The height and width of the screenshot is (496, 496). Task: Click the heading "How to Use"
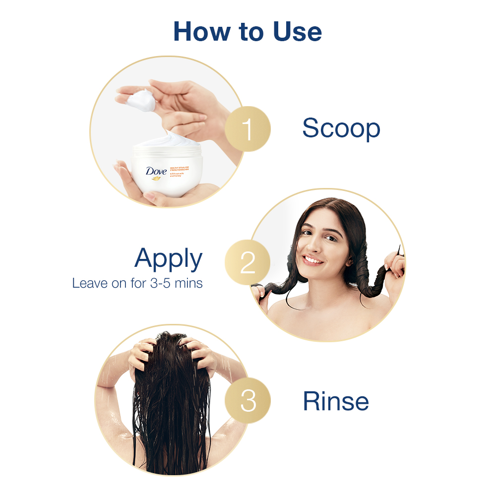tap(248, 31)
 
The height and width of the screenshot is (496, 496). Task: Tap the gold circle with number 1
tap(248, 129)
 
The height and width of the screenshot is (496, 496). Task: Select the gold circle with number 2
tap(248, 263)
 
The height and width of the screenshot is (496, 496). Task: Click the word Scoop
tap(341, 129)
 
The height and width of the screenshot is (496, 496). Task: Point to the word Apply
tap(169, 258)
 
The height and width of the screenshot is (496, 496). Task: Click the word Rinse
tap(336, 401)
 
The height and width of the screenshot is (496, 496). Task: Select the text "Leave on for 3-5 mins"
tap(137, 284)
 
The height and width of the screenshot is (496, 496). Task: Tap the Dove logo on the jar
tap(156, 172)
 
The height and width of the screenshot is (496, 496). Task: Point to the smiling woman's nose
tap(316, 246)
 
